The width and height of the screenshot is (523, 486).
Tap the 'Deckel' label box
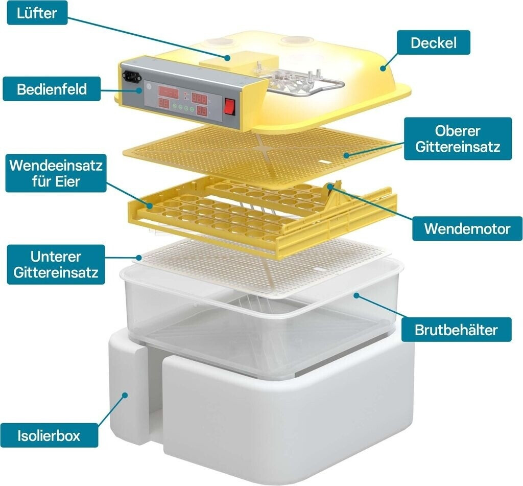pos(433,42)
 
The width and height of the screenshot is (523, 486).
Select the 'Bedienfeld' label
pos(52,89)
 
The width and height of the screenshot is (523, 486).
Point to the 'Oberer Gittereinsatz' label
pos(457,139)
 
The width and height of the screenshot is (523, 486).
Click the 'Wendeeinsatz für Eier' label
pos(55,174)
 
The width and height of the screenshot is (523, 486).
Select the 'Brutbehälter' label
pos(456,330)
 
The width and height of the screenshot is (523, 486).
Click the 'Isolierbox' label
pos(49,436)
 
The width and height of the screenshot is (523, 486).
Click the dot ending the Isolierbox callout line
pos(125,395)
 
